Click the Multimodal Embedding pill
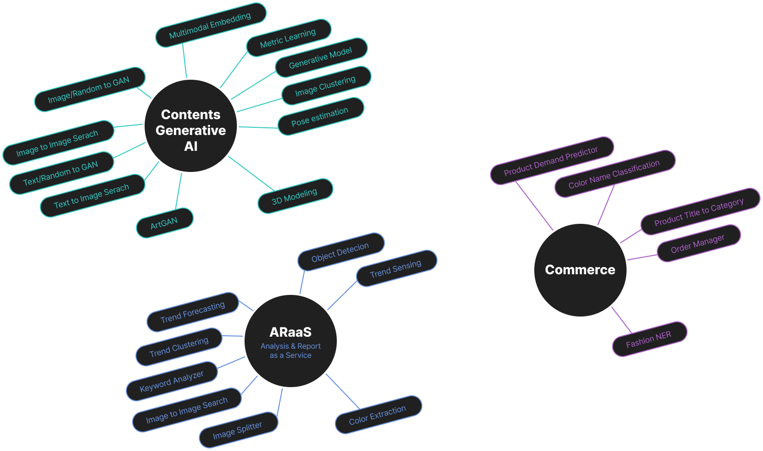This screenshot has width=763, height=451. tap(210, 25)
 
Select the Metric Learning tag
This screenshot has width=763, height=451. tap(288, 38)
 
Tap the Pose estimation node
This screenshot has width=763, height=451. tap(320, 117)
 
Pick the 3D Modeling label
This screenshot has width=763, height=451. tap(295, 196)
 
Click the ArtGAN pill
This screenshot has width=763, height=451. tap(164, 223)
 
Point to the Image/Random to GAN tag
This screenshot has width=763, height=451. tap(89, 89)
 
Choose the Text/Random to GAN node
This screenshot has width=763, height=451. tap(61, 173)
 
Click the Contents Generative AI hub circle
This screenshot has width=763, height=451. tap(191, 126)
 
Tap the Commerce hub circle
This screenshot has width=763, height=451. tap(580, 270)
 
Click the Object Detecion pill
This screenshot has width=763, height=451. tap(341, 252)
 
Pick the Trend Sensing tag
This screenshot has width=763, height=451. tap(396, 268)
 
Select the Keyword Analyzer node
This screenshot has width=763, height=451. tap(172, 381)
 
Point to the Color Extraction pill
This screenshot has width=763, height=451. tap(378, 415)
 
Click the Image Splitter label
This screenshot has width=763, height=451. tap(238, 430)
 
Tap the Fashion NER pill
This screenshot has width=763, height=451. tap(649, 339)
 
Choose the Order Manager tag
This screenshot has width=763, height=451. tap(698, 244)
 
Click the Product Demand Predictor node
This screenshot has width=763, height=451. tap(552, 160)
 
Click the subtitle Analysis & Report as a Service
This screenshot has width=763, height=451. tap(291, 351)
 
